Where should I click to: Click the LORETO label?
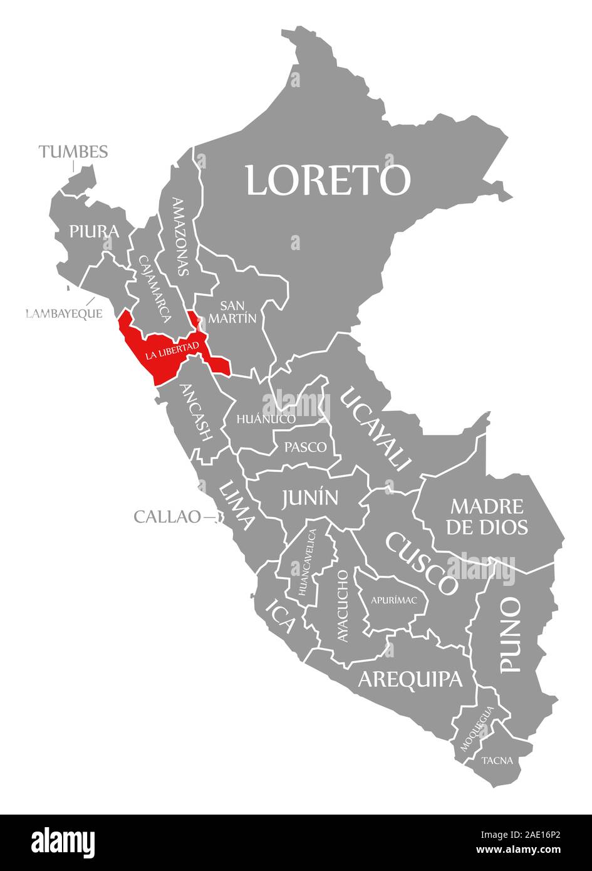pyautogui.click(x=328, y=180)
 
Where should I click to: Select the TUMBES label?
pyautogui.click(x=73, y=152)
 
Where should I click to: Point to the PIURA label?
pyautogui.click(x=94, y=232)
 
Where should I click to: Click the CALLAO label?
pyautogui.click(x=167, y=517)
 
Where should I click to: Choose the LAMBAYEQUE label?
pyautogui.click(x=64, y=313)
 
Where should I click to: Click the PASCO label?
pyautogui.click(x=305, y=447)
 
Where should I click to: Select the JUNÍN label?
pyautogui.click(x=310, y=498)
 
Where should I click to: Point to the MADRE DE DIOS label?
pyautogui.click(x=487, y=516)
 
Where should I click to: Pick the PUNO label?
pyautogui.click(x=511, y=635)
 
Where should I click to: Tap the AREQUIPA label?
pyautogui.click(x=410, y=679)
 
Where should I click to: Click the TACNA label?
pyautogui.click(x=497, y=761)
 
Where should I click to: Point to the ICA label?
pyautogui.click(x=280, y=615)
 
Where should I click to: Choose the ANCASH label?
pyautogui.click(x=196, y=412)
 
